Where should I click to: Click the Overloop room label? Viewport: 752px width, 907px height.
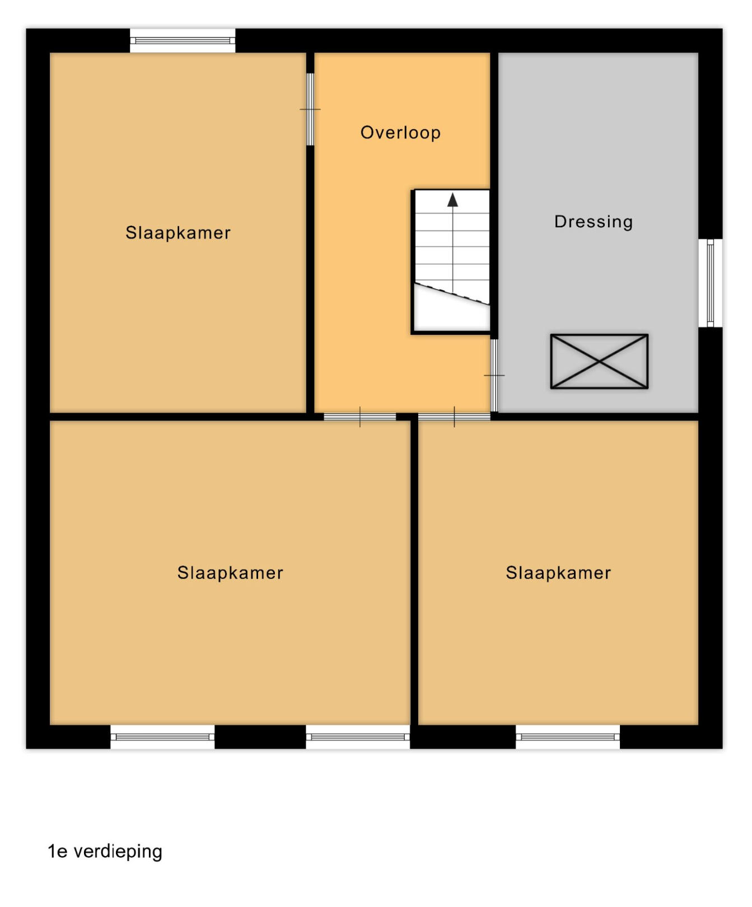point(400,133)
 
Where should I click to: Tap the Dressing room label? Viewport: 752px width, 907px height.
point(594,222)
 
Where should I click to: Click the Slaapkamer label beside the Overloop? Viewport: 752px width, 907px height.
point(178,232)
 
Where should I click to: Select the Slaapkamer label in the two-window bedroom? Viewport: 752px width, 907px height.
point(230,573)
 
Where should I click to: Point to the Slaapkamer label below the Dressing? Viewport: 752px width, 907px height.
point(558,573)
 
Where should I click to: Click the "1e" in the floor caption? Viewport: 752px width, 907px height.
point(58,851)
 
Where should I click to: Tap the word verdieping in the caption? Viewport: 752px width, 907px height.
point(118,852)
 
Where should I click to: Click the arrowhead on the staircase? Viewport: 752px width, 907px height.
point(452,200)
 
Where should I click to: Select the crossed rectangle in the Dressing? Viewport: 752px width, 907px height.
point(599,361)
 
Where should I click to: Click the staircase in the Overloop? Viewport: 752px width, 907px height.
point(451,261)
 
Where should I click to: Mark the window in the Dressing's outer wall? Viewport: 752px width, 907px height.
point(710,283)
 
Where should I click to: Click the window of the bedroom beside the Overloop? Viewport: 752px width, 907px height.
point(183,40)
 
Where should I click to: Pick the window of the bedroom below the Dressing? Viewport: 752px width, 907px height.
point(568,737)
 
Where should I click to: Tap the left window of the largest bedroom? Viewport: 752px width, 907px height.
point(162,737)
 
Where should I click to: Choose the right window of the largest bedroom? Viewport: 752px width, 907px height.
point(358,737)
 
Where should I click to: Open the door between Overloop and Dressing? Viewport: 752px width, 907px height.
point(494,375)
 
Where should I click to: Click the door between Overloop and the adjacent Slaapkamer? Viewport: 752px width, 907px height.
point(310,109)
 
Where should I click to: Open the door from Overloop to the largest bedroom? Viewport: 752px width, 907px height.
point(360,417)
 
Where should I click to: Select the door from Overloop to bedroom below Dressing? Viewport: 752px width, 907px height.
point(454,417)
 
